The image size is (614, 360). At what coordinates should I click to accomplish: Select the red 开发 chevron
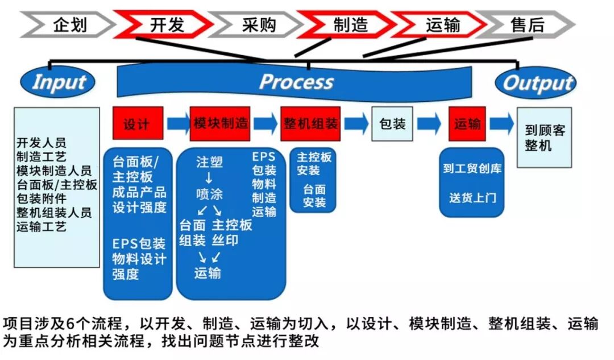click(165, 24)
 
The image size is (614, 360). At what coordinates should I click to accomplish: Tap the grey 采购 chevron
click(259, 24)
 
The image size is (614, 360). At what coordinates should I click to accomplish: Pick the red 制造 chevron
click(349, 24)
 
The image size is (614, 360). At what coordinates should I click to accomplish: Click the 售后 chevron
click(526, 24)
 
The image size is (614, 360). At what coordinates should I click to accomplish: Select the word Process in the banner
click(296, 82)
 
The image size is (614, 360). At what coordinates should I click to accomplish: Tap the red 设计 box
click(138, 123)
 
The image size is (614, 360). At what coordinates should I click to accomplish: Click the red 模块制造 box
click(221, 123)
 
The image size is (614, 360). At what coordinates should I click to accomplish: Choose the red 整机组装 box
click(310, 123)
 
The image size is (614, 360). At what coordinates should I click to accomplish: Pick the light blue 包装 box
click(392, 123)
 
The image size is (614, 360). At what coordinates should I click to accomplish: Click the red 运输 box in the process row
click(467, 123)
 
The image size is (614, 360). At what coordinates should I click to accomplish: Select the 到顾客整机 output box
click(544, 138)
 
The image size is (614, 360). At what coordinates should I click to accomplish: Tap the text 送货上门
click(472, 198)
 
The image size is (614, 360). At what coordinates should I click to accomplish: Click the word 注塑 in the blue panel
click(209, 162)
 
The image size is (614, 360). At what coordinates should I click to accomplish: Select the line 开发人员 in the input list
click(41, 143)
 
